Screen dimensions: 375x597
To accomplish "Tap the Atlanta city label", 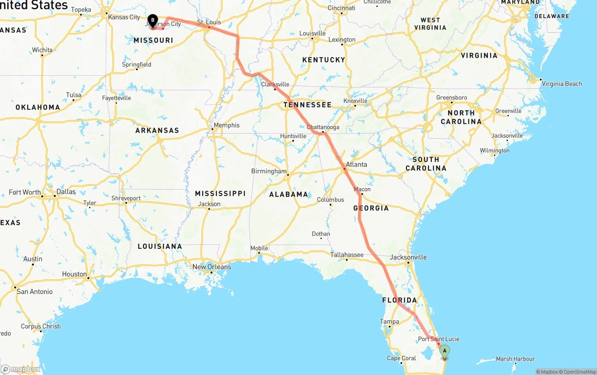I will (x=356, y=164).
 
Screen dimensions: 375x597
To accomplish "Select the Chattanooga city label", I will (x=323, y=127).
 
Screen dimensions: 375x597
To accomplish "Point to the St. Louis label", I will (x=209, y=22).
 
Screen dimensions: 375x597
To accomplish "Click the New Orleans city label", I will (x=212, y=267).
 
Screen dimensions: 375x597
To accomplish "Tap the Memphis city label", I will (x=226, y=125).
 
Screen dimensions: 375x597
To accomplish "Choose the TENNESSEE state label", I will (x=307, y=105).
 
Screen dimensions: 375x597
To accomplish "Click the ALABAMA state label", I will (x=289, y=194).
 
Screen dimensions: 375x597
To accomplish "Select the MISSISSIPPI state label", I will (x=220, y=193).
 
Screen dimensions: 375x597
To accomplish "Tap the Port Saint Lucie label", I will (x=438, y=339).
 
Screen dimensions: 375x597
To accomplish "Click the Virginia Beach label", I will (x=562, y=84).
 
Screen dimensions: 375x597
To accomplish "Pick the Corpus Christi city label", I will (x=41, y=326).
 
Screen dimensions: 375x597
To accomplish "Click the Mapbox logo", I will (x=21, y=369).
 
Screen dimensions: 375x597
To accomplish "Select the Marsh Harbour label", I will (x=515, y=359).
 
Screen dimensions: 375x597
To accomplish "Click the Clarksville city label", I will (x=275, y=85).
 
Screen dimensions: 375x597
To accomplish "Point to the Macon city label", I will (x=362, y=189).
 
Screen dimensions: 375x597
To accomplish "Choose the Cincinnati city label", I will (x=341, y=8).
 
